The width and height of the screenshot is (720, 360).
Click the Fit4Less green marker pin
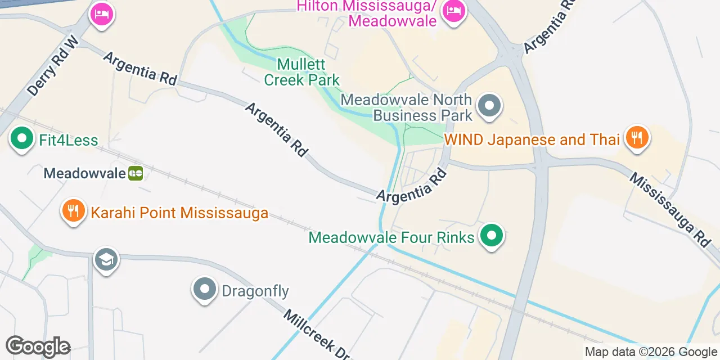click(22, 138)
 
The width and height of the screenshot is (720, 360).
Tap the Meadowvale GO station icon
click(136, 173)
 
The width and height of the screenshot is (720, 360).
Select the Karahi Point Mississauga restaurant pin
click(73, 211)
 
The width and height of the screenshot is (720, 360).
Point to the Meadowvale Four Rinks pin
click(492, 236)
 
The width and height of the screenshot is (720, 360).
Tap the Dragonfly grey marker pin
click(204, 289)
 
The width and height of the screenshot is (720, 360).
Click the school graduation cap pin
click(106, 260)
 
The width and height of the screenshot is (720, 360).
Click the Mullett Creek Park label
click(301, 73)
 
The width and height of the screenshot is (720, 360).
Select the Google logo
click(38, 347)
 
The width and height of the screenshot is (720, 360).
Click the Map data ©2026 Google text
click(651, 352)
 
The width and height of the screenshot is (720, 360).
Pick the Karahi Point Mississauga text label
click(179, 213)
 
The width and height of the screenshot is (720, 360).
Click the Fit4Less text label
click(69, 140)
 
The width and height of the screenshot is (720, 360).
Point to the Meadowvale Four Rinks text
click(391, 237)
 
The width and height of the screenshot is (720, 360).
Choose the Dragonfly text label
click(255, 291)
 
